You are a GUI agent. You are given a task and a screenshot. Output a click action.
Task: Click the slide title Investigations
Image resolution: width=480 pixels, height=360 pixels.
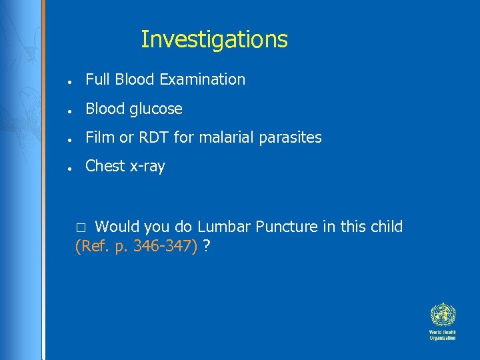[x=214, y=40]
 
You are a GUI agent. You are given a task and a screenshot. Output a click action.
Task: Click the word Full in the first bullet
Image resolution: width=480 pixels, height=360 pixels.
[x=98, y=79]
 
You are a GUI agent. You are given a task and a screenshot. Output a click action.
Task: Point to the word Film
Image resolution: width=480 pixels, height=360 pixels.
[x=100, y=138]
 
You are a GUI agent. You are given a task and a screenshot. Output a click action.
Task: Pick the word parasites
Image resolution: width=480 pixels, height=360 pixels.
[x=291, y=138]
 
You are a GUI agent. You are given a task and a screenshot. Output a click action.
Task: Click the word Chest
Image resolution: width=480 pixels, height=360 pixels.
[x=105, y=167]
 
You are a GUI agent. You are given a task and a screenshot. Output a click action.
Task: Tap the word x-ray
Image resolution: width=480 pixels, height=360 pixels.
[x=147, y=167]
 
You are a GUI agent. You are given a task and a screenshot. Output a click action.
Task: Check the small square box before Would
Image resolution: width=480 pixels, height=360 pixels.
[x=81, y=228]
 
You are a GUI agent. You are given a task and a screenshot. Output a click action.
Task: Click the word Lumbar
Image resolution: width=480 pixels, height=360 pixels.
[x=223, y=227]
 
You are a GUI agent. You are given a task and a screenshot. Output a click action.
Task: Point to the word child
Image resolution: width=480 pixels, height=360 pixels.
[x=385, y=227]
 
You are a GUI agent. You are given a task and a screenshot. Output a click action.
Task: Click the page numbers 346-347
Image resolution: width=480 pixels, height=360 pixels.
[x=165, y=247]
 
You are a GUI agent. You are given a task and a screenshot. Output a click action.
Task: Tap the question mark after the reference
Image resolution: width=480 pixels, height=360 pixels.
[x=207, y=247]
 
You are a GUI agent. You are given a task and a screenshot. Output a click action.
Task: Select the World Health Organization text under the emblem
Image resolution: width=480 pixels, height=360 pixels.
[x=442, y=335]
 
